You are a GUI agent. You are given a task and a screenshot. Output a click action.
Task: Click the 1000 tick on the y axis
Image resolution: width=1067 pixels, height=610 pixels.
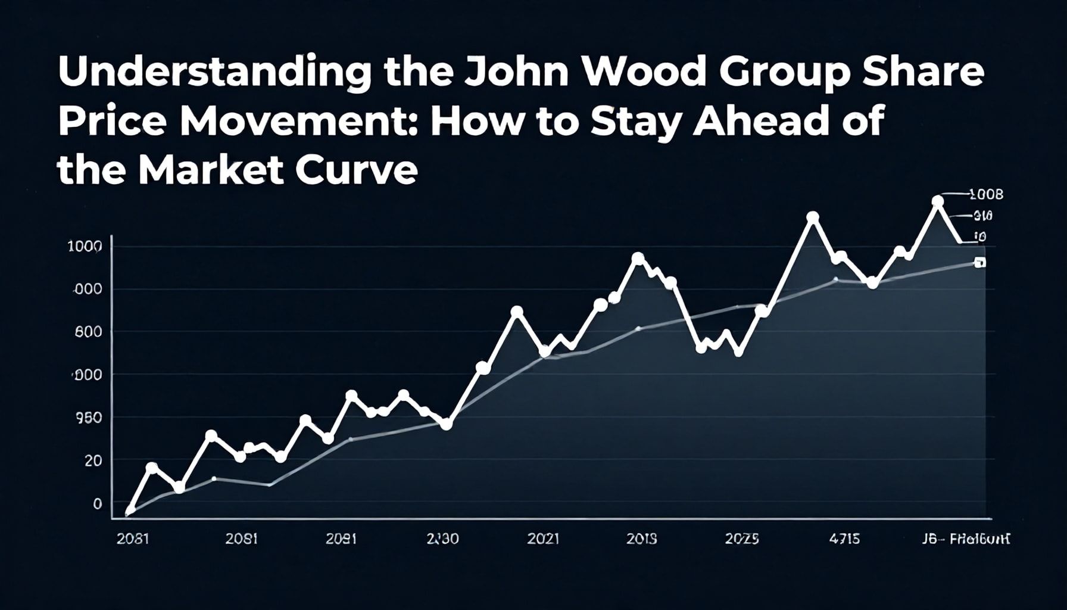point(85,246)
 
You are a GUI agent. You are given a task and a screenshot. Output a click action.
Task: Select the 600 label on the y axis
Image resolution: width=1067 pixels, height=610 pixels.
point(88,332)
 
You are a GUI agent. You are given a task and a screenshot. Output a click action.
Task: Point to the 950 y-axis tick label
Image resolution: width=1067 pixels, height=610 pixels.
point(88,418)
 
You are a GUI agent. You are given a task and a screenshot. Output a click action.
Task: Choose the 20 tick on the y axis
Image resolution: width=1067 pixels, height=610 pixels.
point(93,460)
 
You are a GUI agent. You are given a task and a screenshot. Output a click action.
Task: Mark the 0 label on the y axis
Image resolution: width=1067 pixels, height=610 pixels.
point(98,503)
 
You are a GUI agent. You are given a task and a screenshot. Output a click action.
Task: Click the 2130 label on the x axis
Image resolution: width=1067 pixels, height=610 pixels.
point(442,539)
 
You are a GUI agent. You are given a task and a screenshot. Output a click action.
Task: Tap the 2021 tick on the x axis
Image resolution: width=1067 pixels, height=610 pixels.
point(543,539)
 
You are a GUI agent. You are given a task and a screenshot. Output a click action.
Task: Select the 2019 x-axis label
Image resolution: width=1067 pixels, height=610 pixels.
point(642,539)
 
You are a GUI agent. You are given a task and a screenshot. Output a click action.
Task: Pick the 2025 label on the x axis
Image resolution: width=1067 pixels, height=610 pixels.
point(742,539)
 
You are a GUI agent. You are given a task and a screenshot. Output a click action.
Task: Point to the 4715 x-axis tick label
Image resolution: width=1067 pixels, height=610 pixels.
point(844,539)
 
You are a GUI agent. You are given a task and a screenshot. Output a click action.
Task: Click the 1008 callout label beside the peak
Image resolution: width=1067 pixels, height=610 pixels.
point(986,194)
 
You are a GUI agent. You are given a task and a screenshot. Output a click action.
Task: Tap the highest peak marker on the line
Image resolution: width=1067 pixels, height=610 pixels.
point(938,201)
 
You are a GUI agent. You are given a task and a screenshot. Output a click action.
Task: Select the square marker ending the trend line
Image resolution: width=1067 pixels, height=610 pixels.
point(979,263)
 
